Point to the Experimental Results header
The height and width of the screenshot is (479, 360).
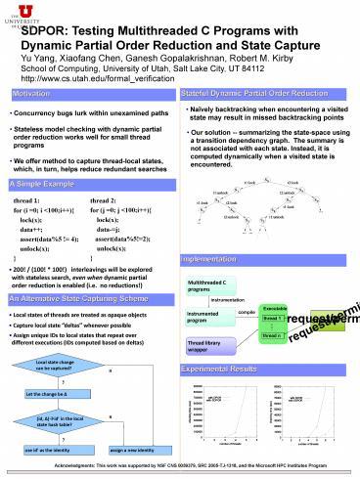click(224, 370)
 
